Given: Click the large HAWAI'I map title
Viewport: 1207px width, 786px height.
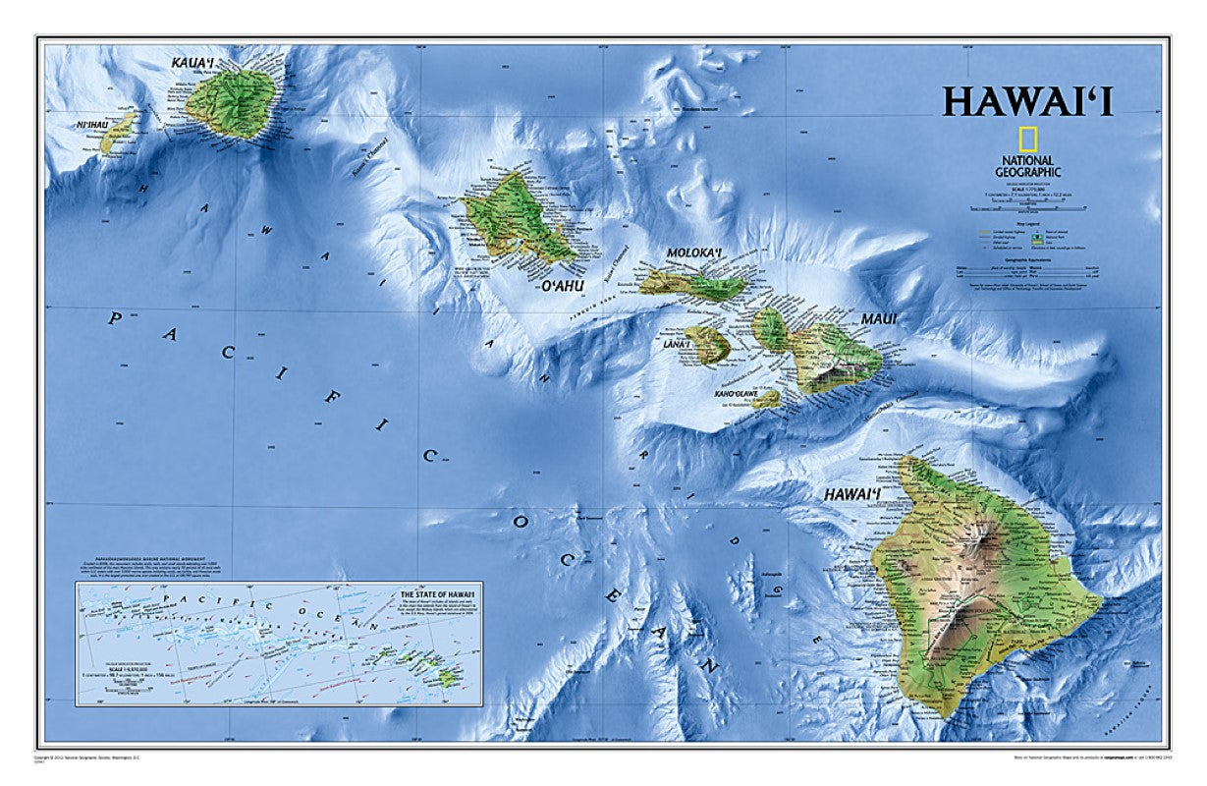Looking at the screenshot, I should click(1042, 102).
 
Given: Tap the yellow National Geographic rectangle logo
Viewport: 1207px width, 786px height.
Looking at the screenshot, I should click(1027, 140).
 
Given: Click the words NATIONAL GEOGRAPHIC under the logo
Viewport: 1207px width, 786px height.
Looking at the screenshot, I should click(1027, 166).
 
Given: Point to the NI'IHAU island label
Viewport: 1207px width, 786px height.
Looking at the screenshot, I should click(64, 125).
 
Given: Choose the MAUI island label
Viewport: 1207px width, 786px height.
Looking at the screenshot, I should click(880, 318).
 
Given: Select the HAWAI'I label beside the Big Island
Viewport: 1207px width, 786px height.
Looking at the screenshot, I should click(851, 493).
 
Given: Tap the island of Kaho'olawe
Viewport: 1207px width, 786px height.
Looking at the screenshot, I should click(767, 398).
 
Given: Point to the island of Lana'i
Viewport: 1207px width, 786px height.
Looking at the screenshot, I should click(707, 344).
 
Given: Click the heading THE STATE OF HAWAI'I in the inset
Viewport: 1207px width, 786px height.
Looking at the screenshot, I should click(437, 595).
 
